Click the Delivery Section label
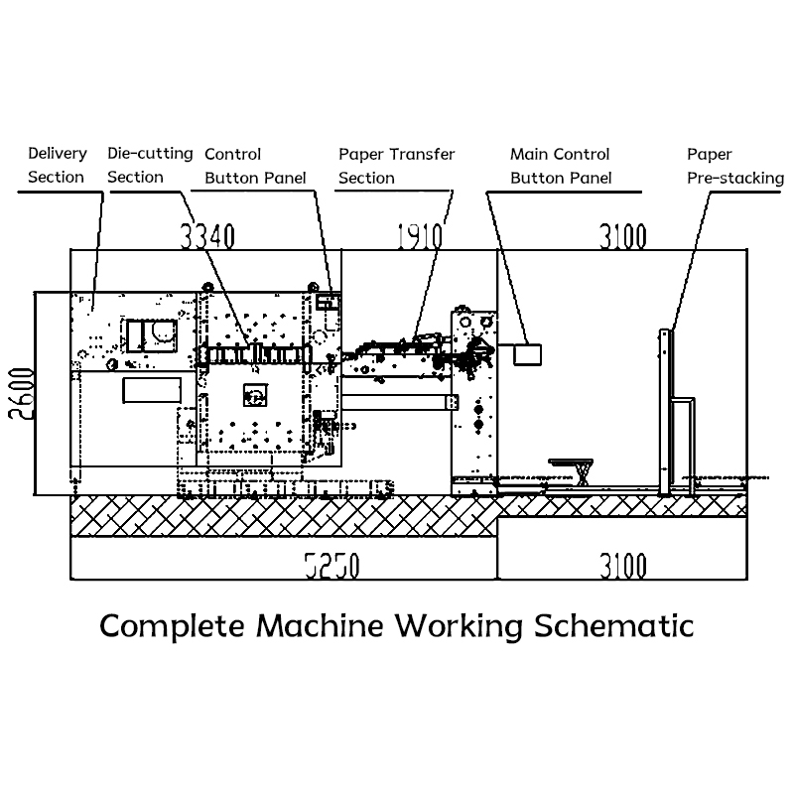(58, 165)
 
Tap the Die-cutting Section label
(150, 165)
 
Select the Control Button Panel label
(255, 166)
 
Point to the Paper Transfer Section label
(396, 166)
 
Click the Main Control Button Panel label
(561, 166)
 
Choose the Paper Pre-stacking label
(735, 166)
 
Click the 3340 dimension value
(207, 236)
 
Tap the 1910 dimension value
(419, 236)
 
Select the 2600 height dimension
(22, 393)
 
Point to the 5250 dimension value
(332, 566)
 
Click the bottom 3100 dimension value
(623, 566)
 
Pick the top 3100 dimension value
(623, 236)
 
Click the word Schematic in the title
(613, 626)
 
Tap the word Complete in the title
(172, 627)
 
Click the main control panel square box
(528, 354)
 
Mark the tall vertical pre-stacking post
(665, 412)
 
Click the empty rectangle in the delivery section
(152, 390)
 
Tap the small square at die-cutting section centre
(255, 395)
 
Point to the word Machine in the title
(319, 626)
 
